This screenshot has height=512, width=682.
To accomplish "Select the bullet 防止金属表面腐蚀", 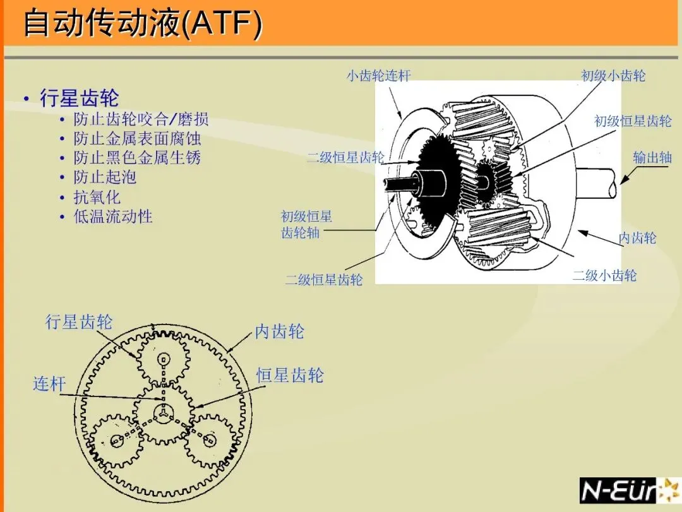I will click(137, 138).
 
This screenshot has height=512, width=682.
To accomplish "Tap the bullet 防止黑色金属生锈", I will click(137, 158).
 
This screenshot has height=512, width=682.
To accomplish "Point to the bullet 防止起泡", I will click(105, 177).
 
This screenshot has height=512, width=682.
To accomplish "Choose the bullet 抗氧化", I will click(97, 197).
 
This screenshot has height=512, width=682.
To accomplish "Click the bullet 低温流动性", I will click(113, 217).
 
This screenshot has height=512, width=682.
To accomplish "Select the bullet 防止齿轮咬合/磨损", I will click(141, 119).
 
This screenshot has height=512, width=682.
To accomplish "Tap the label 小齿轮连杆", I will click(378, 76).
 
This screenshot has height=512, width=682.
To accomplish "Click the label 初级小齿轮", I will click(613, 76).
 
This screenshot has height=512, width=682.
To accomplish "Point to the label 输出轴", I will click(652, 158).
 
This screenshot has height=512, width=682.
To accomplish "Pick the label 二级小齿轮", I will click(604, 275).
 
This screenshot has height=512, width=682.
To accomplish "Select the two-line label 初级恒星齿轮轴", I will click(306, 225).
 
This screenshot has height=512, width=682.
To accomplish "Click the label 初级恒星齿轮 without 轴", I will click(633, 121).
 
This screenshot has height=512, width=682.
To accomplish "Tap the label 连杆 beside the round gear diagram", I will click(49, 383).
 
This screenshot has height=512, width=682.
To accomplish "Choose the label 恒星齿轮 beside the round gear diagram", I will click(290, 376).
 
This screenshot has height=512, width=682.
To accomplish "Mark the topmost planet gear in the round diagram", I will click(164, 360).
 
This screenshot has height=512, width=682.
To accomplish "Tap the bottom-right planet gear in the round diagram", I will click(210, 439).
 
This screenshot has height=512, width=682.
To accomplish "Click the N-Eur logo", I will click(628, 491).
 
